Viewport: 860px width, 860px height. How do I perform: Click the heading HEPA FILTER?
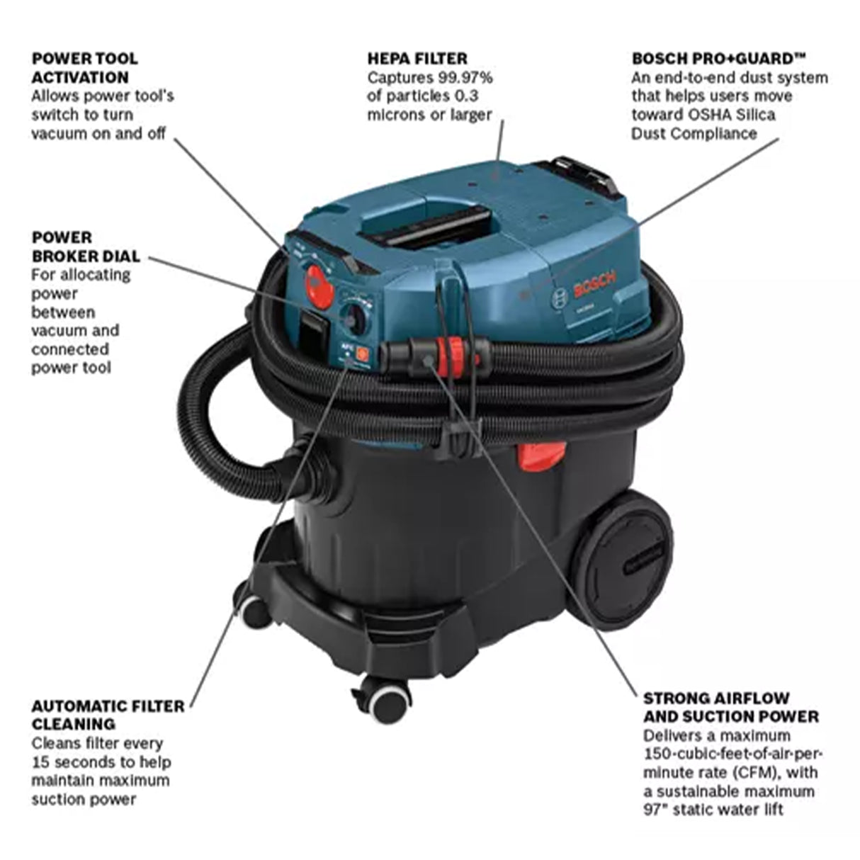(x=417, y=58)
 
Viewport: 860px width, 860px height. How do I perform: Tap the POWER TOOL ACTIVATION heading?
(x=84, y=67)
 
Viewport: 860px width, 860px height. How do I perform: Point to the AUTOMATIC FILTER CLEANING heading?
(x=108, y=714)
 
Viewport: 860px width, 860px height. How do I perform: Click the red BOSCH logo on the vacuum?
(x=594, y=285)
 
